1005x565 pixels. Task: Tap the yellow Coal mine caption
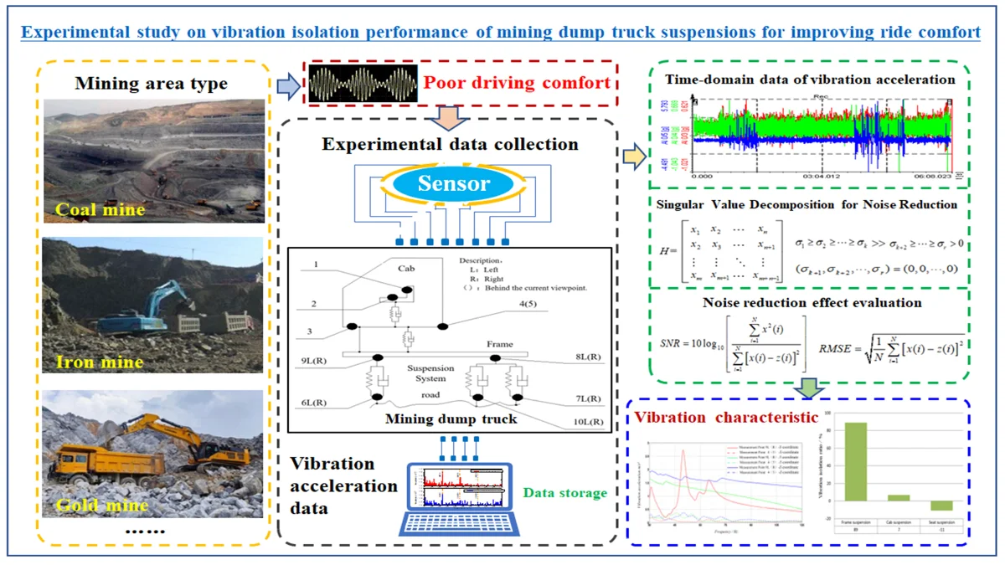pos(99,210)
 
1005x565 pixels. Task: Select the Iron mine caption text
pos(100,362)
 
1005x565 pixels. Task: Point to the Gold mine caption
pos(103,505)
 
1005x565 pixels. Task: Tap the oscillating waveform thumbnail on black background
pos(362,85)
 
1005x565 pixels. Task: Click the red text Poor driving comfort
pos(516,84)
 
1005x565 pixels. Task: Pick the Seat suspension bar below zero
pos(941,505)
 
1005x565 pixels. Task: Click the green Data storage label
pos(565,493)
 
